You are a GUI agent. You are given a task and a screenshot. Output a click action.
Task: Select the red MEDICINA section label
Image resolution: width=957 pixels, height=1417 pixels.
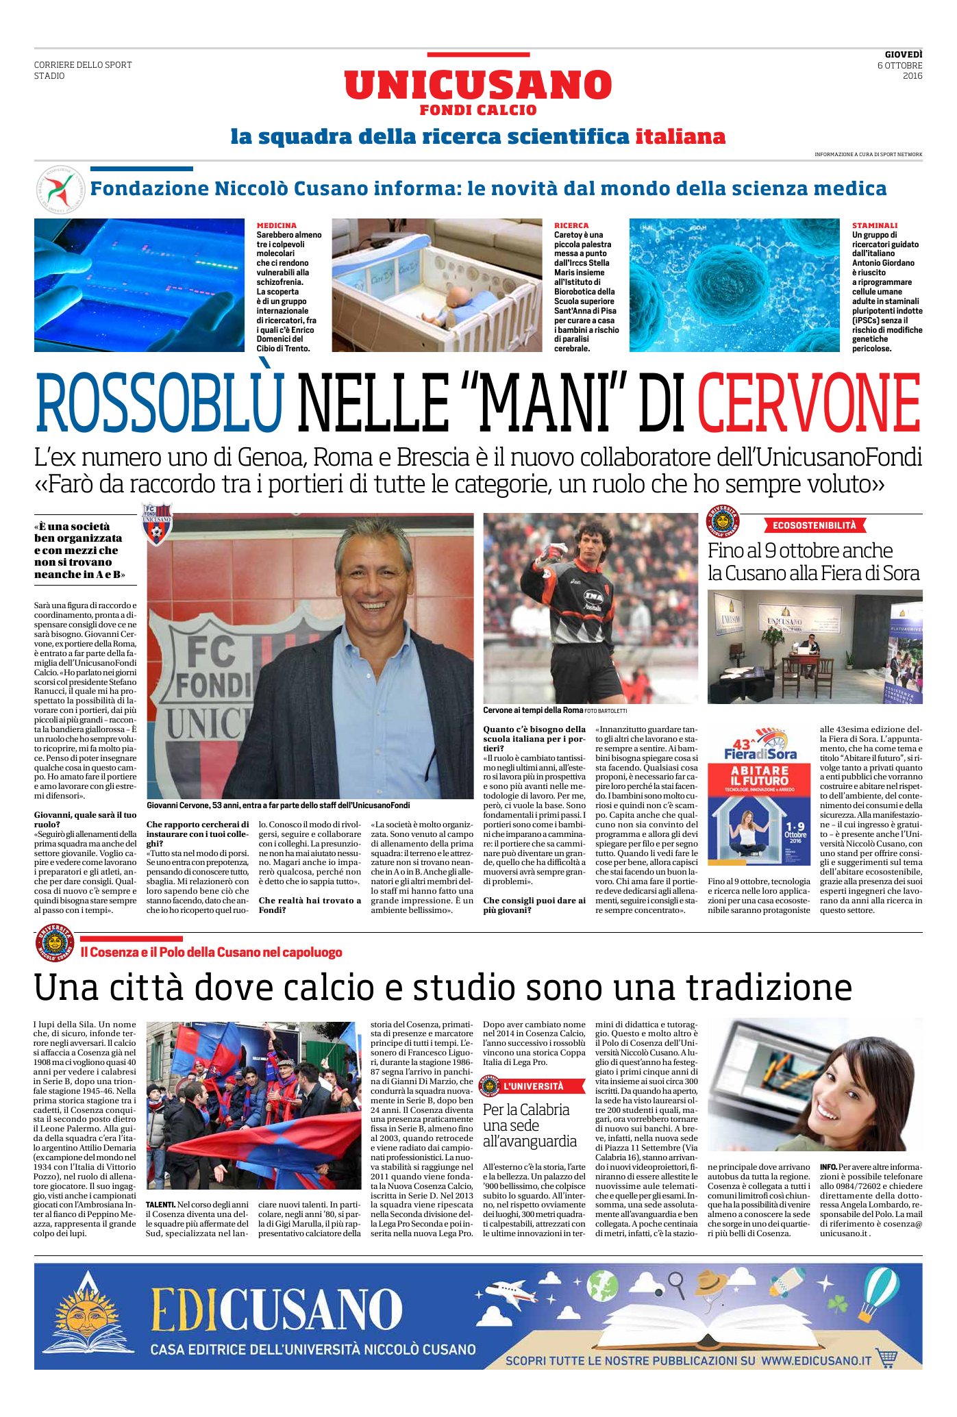click(277, 225)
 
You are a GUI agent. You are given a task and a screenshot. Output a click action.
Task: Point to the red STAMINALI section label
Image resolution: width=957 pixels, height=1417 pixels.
click(874, 225)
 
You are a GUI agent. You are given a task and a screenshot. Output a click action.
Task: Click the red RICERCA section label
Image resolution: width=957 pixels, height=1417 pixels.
click(571, 225)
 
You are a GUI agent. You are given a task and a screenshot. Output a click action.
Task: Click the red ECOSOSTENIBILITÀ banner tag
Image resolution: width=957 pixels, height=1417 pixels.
click(815, 525)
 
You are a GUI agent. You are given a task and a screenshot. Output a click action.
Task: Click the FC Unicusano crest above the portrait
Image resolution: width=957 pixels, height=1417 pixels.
click(157, 524)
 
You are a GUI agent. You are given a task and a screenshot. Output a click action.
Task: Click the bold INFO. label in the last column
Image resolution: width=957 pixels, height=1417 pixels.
click(828, 1166)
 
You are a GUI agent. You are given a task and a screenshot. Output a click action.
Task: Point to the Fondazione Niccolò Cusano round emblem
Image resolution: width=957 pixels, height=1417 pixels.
click(56, 188)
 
